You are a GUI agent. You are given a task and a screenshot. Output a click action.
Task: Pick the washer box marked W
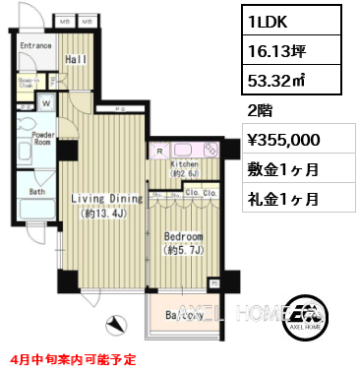pos(45,101)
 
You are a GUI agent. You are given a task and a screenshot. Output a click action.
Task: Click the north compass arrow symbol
pos(117,322)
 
